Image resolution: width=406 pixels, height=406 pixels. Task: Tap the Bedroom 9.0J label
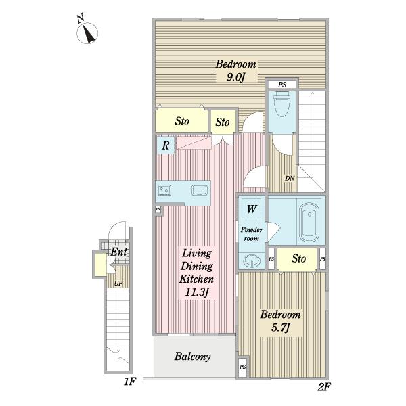236,70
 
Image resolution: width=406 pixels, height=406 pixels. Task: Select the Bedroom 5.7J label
280,321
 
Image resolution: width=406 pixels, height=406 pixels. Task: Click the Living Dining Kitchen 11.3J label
197,273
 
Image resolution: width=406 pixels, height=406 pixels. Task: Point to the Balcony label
192,357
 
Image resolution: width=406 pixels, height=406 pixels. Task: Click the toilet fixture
282,105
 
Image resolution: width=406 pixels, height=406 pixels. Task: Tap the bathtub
309,223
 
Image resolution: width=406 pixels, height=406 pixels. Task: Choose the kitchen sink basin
200,190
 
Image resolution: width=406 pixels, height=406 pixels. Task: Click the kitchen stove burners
164,190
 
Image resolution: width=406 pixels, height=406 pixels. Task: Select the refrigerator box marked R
166,145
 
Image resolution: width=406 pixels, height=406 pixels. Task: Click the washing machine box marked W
252,208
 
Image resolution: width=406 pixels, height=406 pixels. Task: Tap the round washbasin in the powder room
252,261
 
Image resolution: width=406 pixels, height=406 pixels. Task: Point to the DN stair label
290,179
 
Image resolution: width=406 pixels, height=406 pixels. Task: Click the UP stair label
118,284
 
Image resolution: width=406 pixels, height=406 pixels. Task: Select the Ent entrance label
119,252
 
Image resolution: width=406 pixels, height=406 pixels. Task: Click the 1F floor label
130,382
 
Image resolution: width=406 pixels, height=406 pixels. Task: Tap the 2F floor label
324,387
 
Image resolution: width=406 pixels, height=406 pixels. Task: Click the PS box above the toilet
282,85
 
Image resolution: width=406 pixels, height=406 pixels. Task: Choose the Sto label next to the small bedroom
298,258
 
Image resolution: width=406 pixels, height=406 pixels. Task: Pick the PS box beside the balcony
243,367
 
